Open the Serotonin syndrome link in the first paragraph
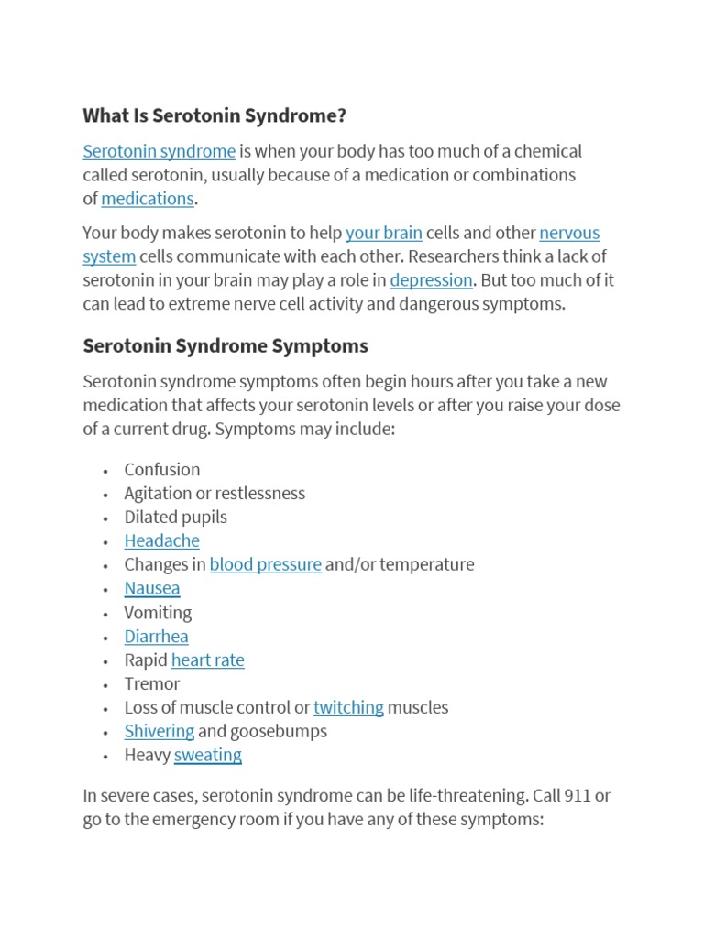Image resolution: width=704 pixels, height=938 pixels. point(159,151)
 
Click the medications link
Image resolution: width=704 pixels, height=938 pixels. point(148,199)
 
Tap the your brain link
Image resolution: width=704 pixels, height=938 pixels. point(383,233)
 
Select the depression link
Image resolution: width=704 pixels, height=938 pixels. point(431,280)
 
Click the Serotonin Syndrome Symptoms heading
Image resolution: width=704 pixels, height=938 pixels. point(225,346)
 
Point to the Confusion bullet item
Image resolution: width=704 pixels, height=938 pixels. point(162,470)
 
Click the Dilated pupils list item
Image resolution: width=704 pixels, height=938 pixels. point(175,518)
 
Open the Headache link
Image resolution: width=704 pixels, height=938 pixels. point(161,541)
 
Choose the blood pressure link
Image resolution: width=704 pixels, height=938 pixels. point(265,565)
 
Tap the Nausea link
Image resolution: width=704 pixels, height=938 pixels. point(152,589)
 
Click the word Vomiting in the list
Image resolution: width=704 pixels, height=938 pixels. point(158,613)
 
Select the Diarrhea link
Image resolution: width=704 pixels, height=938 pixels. point(156,637)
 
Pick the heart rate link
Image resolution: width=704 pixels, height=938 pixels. point(207,660)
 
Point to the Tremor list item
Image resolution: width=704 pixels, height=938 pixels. point(152,684)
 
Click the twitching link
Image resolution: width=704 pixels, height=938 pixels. point(348,708)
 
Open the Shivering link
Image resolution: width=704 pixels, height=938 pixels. point(159,732)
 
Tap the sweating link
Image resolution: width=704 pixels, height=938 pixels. point(207,756)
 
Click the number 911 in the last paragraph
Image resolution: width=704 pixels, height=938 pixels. point(578,796)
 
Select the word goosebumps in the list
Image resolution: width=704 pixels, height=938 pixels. point(279,732)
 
